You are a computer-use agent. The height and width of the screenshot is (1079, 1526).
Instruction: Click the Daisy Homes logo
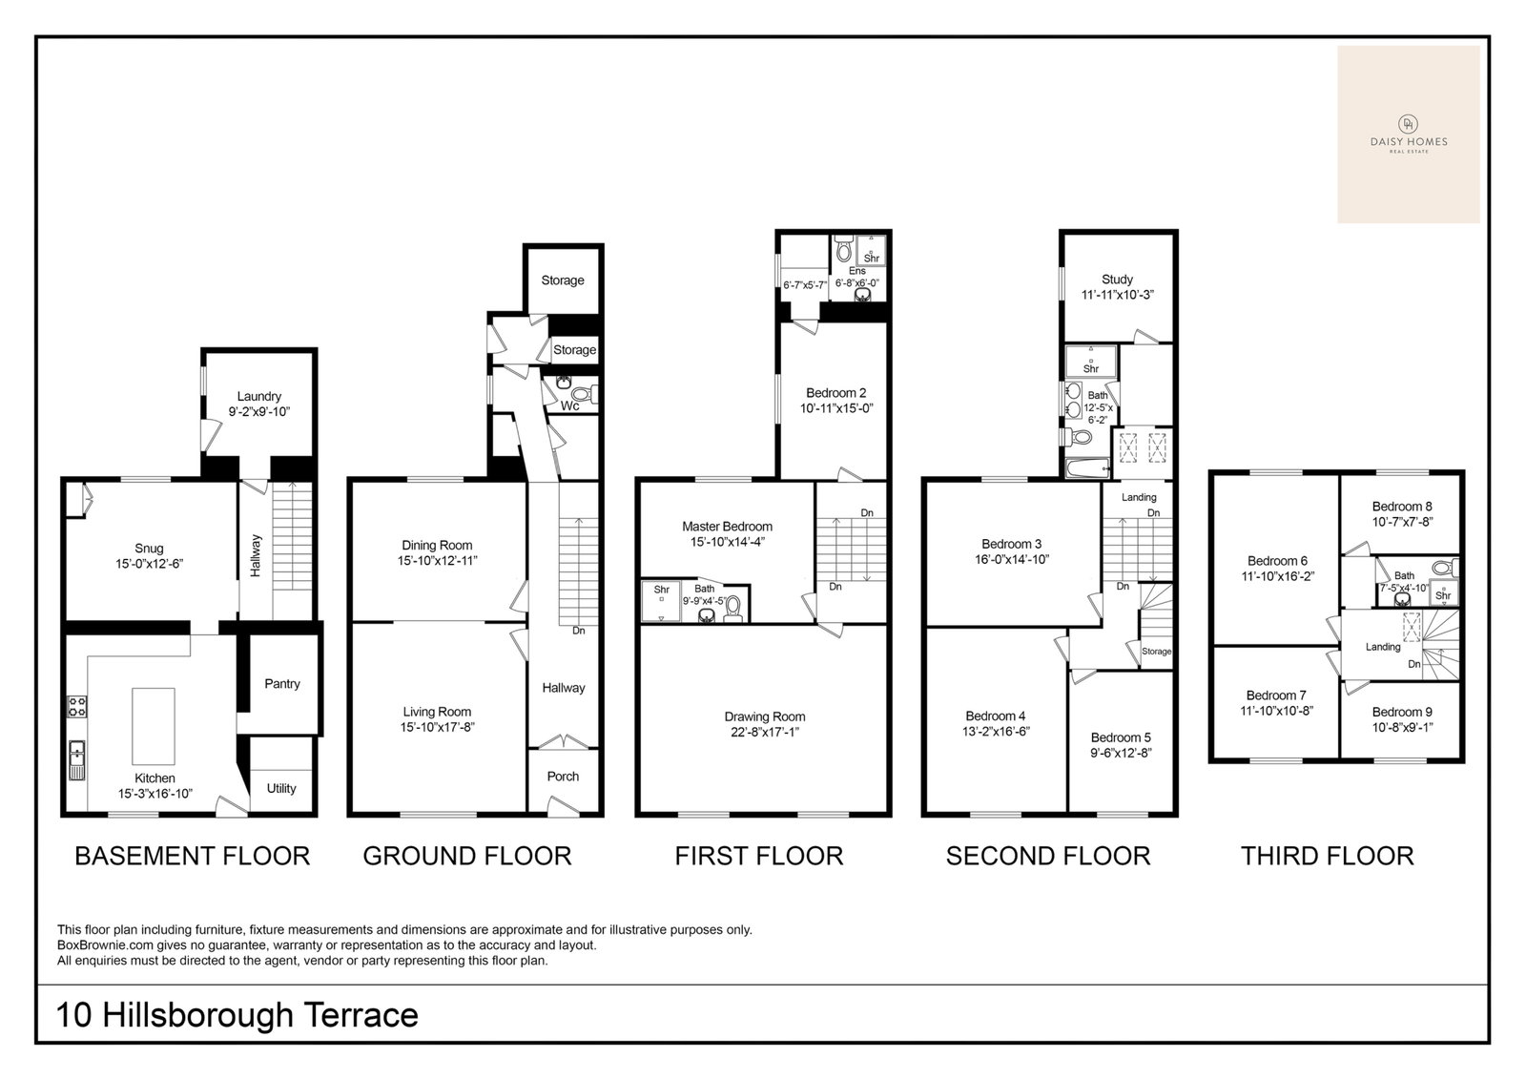click(x=1408, y=135)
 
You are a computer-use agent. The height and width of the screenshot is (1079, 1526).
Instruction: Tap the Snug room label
click(x=149, y=548)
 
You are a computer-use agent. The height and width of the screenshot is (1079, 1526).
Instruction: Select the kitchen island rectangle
click(x=154, y=726)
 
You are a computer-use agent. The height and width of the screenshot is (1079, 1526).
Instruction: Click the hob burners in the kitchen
click(x=77, y=706)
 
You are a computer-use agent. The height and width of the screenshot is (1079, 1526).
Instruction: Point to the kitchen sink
click(x=77, y=760)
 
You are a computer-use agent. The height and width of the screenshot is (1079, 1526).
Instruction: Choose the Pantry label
click(x=282, y=684)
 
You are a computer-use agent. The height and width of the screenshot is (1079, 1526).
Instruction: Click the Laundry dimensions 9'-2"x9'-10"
click(x=258, y=412)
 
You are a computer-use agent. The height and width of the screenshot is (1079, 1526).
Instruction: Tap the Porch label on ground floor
click(x=563, y=777)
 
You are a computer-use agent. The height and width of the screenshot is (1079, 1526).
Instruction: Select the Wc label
click(x=570, y=406)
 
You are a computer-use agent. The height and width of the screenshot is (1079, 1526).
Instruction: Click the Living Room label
click(x=437, y=712)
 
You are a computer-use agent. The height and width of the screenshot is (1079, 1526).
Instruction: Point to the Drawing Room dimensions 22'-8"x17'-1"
click(x=764, y=732)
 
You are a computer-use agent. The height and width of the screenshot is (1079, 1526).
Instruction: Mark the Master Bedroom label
click(x=727, y=527)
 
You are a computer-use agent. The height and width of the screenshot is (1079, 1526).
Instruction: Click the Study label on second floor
click(x=1117, y=280)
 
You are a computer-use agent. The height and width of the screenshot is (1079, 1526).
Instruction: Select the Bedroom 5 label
click(x=1121, y=737)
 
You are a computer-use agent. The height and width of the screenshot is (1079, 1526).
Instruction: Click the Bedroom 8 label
click(x=1402, y=507)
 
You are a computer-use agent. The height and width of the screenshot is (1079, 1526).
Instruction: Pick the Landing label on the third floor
click(x=1383, y=647)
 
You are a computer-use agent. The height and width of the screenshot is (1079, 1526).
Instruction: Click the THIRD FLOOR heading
click(x=1327, y=856)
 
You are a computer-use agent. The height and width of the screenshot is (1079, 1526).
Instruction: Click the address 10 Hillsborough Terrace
click(x=237, y=1015)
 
